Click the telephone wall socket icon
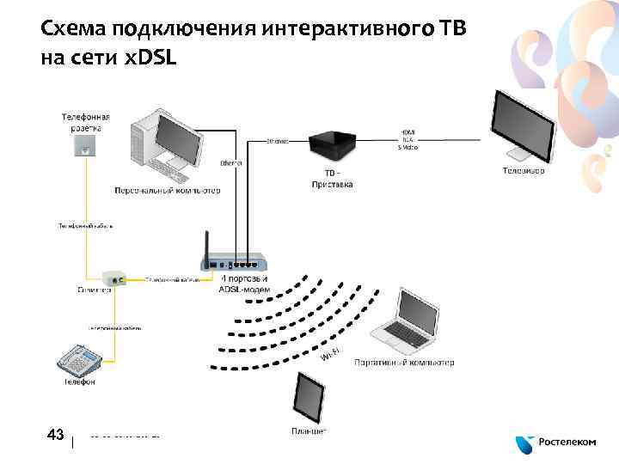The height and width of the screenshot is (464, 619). click(x=83, y=148)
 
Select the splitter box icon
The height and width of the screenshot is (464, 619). click(x=113, y=278)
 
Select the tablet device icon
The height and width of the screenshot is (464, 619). click(x=309, y=397)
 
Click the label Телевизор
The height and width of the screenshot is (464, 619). click(x=524, y=171)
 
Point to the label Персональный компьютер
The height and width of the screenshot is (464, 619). click(x=168, y=190)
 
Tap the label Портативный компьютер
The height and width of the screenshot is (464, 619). click(x=403, y=363)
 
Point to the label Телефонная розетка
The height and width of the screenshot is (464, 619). click(x=84, y=121)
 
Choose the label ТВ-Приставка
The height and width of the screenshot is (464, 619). click(x=320, y=179)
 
